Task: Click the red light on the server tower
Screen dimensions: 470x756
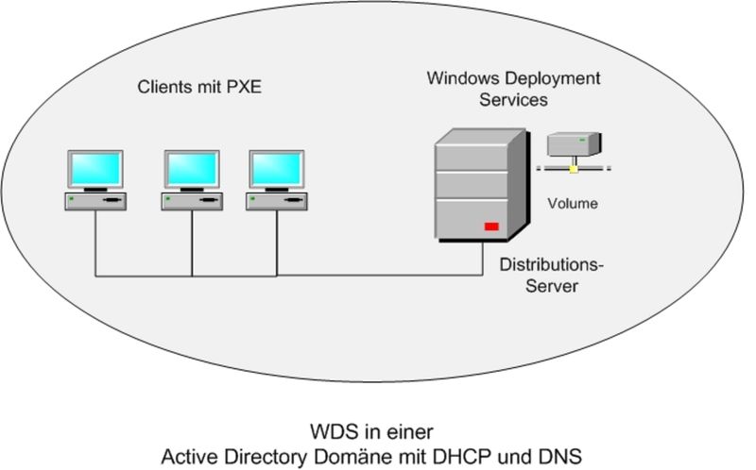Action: tap(491, 227)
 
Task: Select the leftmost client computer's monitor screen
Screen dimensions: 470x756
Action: tap(94, 169)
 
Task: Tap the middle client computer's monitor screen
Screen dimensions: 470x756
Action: tap(192, 169)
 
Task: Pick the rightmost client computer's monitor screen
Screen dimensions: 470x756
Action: tap(276, 169)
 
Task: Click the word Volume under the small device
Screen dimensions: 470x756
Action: tap(573, 201)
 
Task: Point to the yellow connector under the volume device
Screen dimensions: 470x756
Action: tap(573, 170)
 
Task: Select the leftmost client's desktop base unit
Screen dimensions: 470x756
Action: tap(94, 201)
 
